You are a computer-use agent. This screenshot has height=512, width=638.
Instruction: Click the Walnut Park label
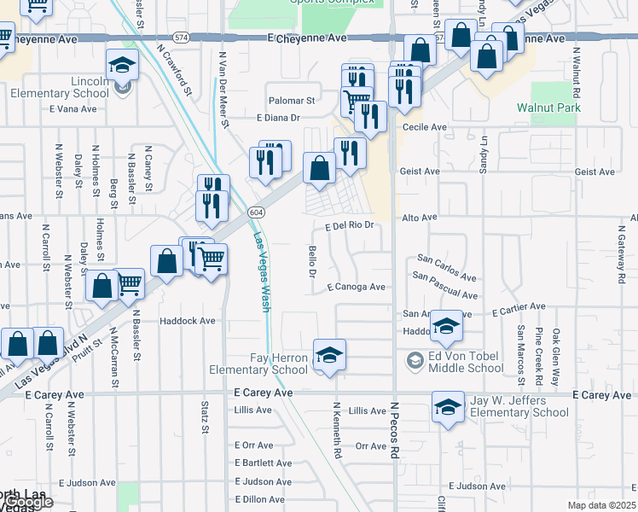click(548, 108)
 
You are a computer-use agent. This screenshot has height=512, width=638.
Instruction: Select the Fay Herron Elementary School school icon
click(329, 356)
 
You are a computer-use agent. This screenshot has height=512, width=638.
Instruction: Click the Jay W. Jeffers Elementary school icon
click(448, 407)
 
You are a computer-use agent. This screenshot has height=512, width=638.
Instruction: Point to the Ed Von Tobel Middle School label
click(466, 361)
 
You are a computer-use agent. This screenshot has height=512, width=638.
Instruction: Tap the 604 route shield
click(256, 212)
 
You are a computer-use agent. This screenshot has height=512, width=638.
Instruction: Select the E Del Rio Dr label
click(351, 226)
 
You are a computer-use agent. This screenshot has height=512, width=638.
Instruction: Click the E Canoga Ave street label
click(355, 287)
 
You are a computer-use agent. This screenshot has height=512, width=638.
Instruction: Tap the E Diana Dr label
click(279, 118)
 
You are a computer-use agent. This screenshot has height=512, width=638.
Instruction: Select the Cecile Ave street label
click(425, 127)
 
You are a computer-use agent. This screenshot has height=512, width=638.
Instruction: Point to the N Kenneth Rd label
click(337, 430)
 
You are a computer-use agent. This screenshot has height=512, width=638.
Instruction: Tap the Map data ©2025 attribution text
click(600, 505)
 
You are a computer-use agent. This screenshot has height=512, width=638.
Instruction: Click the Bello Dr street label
click(311, 259)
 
